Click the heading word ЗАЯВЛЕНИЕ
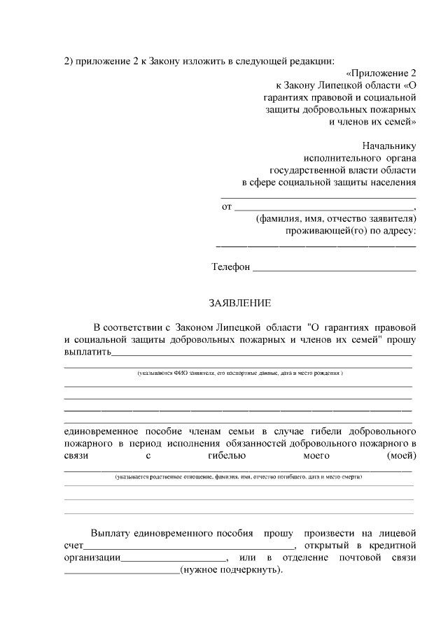pos(239,303)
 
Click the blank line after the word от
pos(323,209)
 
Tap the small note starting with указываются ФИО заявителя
pos(239,374)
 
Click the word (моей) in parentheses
pos(401,456)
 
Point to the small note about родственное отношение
pos(239,476)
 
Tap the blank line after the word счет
pos(189,548)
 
